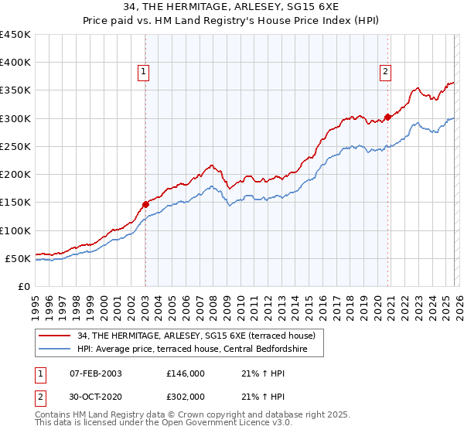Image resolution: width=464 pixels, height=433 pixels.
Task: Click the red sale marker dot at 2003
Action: point(145,205)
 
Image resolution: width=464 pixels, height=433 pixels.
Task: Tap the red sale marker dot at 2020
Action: point(388,118)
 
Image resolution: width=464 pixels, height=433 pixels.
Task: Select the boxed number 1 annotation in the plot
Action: point(145,73)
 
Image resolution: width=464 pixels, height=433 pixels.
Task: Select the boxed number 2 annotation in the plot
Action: point(385,73)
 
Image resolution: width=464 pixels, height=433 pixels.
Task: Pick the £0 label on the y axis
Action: point(25,286)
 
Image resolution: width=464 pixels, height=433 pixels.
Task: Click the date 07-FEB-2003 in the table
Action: point(95,373)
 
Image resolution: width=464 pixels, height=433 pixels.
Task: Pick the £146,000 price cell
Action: point(185,373)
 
